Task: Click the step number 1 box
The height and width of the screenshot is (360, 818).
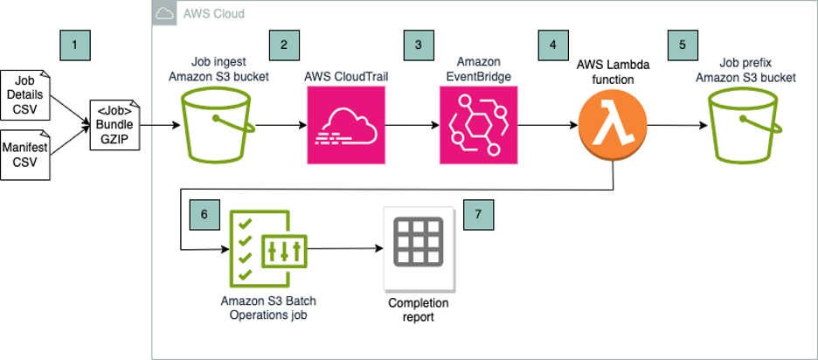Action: (74, 43)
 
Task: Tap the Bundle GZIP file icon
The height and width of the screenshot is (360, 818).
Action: (114, 126)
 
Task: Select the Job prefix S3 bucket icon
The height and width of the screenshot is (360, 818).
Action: (745, 128)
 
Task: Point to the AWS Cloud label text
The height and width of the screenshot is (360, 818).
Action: (213, 14)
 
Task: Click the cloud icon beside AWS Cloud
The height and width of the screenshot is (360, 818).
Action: (164, 13)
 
